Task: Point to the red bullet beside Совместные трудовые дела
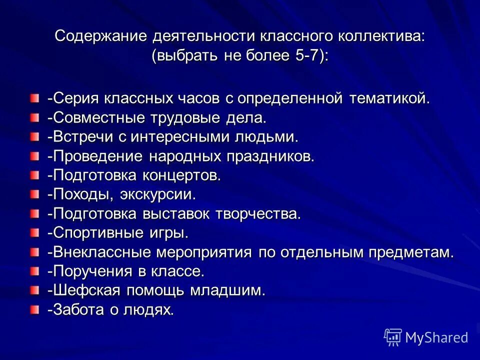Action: pyautogui.click(x=33, y=118)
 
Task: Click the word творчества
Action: pyautogui.click(x=259, y=214)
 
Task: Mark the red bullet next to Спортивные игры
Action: pyautogui.click(x=33, y=233)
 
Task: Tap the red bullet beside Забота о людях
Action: pyautogui.click(x=33, y=309)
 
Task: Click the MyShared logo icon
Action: pyautogui.click(x=393, y=337)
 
